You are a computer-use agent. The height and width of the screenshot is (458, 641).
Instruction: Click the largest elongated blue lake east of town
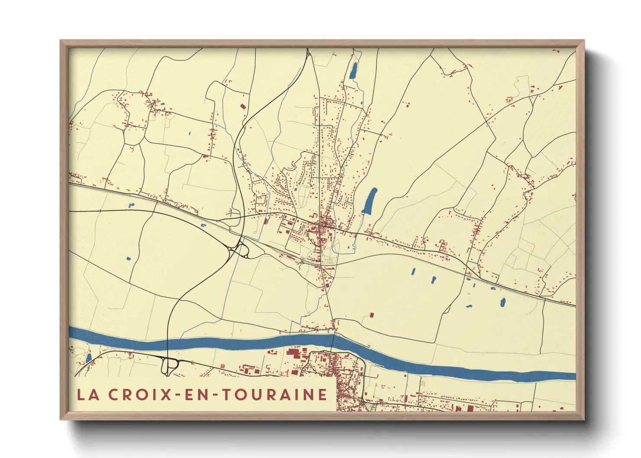pyautogui.click(x=369, y=201)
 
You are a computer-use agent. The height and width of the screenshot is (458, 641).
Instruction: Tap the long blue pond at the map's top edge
pyautogui.click(x=354, y=71)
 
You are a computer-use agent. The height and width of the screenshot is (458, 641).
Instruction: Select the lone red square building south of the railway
pyautogui.click(x=371, y=315)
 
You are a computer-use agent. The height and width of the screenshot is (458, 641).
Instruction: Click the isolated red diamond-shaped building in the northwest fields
pyautogui.click(x=243, y=106)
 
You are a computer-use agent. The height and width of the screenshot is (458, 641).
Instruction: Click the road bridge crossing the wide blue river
pyautogui.click(x=333, y=340)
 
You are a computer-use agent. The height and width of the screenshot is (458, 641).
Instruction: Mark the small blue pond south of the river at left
pyautogui.click(x=89, y=358)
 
